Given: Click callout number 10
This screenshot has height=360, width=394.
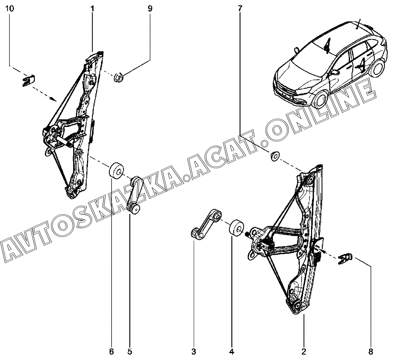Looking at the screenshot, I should tap(10, 8).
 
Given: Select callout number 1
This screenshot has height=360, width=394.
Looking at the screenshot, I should tap(92, 8).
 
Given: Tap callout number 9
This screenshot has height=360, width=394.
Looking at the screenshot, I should tap(150, 8).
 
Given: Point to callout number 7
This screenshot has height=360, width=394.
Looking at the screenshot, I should tap(240, 8).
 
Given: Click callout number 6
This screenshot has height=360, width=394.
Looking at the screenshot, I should tap(111, 352).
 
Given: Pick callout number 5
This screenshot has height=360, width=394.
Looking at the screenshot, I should tap(130, 352).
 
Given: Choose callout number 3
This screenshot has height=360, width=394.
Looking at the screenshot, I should tap(194, 352).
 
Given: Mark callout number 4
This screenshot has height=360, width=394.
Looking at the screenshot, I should tap(232, 352).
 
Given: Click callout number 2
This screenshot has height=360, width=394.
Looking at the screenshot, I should tap(304, 352).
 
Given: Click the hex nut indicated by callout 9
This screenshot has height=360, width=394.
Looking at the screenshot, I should tap(119, 76).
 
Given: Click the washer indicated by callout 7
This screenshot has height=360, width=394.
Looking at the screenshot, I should tap(275, 156).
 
